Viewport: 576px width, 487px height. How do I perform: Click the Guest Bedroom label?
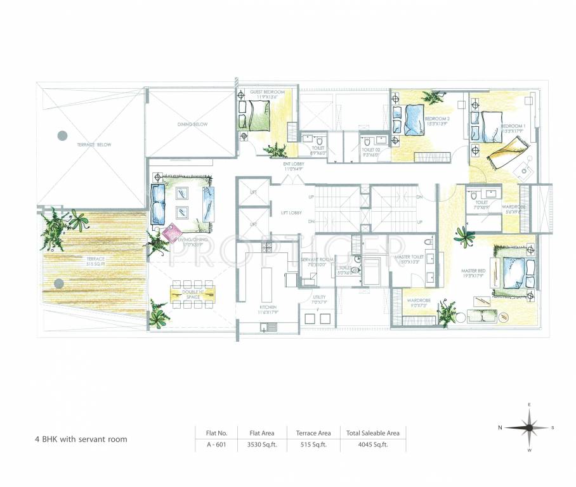point(268,93)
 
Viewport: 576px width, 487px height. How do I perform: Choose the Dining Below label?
point(192,125)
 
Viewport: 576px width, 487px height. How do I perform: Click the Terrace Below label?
point(94,145)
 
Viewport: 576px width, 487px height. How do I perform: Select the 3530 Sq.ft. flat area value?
point(260,445)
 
